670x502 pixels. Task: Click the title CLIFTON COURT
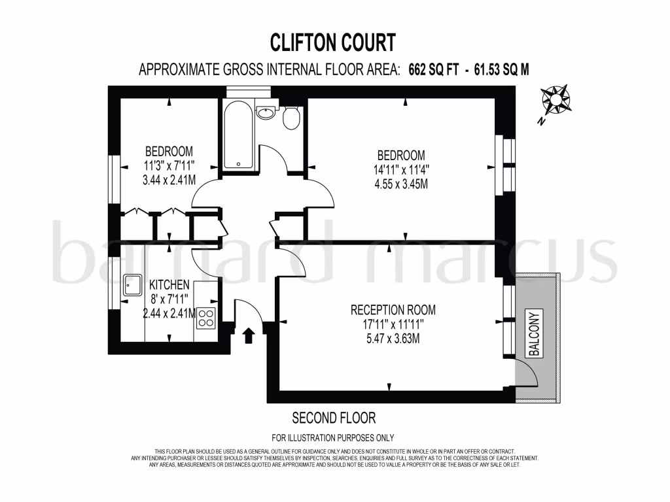click(x=333, y=42)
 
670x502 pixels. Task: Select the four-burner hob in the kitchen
click(x=206, y=317)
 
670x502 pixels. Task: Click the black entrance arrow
click(x=249, y=336)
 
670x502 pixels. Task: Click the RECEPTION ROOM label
click(x=393, y=310)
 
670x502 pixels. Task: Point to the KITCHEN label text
click(x=169, y=285)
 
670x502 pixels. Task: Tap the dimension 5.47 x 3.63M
click(x=393, y=339)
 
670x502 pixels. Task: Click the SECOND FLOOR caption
click(x=334, y=418)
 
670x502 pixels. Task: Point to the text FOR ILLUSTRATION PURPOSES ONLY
click(x=333, y=438)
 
